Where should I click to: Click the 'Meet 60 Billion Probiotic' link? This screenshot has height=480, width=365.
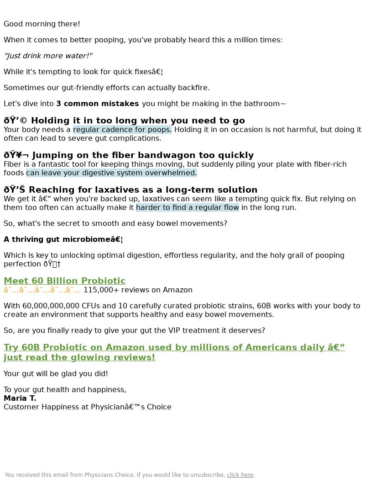tap(64, 281)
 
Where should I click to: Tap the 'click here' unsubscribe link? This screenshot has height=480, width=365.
tap(240, 475)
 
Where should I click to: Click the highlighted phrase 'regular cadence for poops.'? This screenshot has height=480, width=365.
tap(122, 130)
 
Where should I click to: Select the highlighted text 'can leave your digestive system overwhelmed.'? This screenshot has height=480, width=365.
tap(111, 173)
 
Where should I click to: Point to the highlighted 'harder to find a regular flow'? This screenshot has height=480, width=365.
tap(187, 208)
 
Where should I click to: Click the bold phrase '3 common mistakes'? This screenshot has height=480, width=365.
tap(97, 104)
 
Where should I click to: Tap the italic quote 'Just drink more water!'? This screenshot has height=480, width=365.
tap(48, 56)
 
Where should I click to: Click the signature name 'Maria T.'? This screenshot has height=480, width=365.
tap(20, 398)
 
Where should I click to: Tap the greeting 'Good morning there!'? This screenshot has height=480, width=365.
tap(42, 24)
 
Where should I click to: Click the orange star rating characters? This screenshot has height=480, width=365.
tap(42, 290)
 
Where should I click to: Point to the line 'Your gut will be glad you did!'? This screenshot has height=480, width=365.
tap(56, 374)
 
